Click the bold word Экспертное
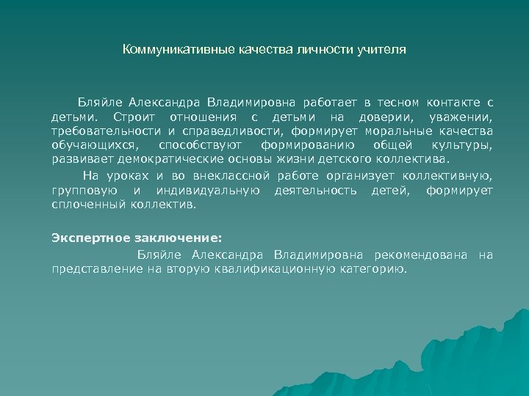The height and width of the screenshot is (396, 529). [x=87, y=238]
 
